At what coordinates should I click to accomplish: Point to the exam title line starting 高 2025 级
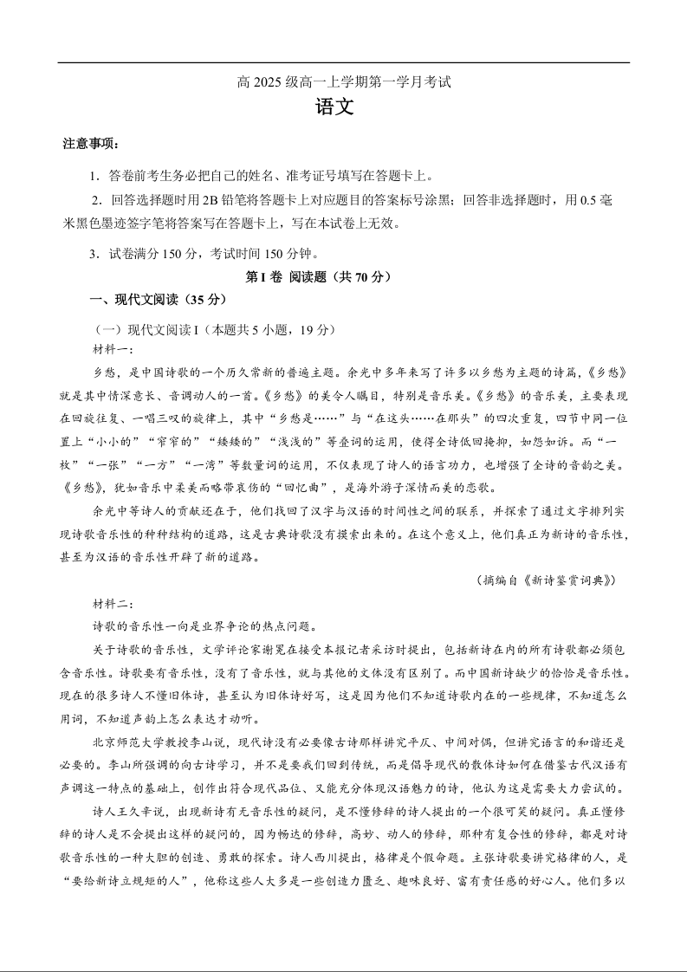[x=344, y=83]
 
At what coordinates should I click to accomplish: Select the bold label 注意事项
[x=91, y=144]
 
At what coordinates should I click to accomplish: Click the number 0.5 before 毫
[x=587, y=201]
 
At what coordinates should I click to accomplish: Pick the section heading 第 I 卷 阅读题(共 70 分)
[x=320, y=277]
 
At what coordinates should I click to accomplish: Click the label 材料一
[x=113, y=348]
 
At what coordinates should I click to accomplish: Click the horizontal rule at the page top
[x=344, y=62]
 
